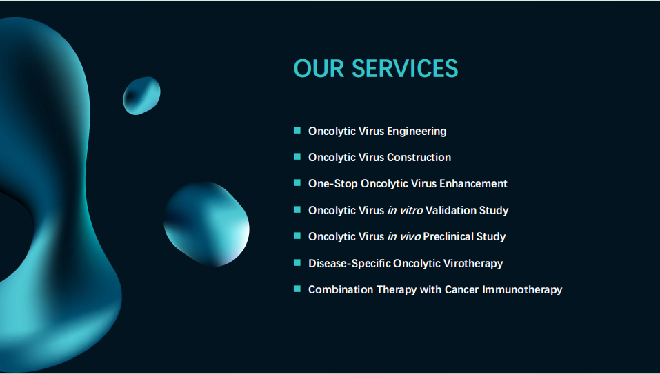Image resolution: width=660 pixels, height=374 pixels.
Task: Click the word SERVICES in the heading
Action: click(405, 68)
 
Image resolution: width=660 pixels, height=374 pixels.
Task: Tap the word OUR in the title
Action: click(319, 68)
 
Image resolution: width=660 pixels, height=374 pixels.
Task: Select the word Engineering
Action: click(417, 132)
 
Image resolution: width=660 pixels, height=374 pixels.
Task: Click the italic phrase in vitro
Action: click(405, 210)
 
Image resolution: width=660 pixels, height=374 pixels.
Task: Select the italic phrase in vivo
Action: click(403, 236)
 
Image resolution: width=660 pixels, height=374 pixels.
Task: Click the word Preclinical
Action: click(450, 236)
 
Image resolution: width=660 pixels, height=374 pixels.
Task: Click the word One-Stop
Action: click(333, 184)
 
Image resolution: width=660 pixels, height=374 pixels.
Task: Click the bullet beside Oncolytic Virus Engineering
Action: click(297, 130)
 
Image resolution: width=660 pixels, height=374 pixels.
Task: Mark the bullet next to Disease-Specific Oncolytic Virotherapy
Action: click(297, 262)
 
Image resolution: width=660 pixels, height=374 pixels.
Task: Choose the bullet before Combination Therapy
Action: click(297, 289)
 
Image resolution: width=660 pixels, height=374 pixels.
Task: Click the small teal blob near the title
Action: click(141, 96)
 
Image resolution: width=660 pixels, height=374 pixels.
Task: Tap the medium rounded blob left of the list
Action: click(206, 224)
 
